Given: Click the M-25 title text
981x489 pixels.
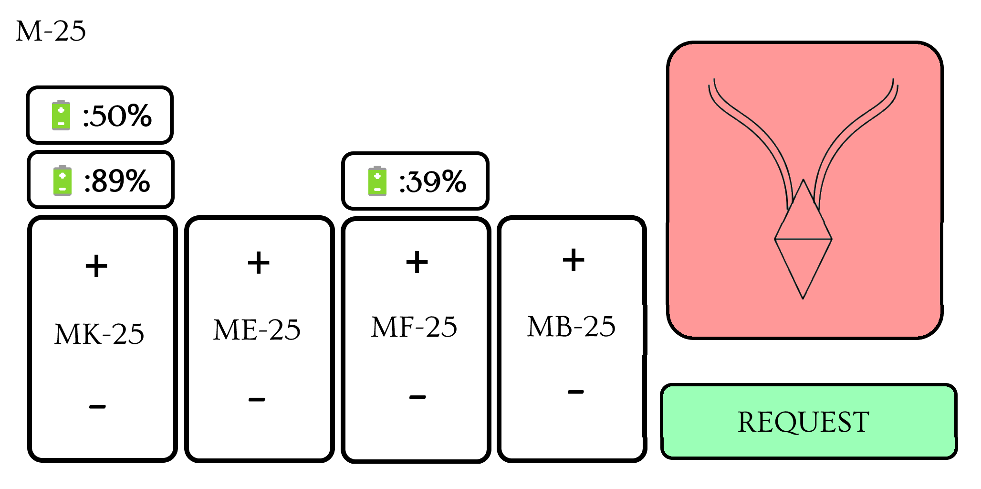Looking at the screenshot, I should point(51,32).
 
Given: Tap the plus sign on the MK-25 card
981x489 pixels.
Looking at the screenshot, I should point(96,266).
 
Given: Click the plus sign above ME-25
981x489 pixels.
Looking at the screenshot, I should point(259,263).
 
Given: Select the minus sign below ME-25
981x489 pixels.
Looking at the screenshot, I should point(257,399).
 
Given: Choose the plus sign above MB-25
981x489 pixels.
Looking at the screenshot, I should point(574,260).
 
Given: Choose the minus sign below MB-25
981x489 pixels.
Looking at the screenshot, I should point(575,392).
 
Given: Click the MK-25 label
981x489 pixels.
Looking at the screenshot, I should point(99,334).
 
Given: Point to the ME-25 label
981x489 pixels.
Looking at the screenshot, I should point(257,330).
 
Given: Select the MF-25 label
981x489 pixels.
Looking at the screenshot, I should point(414,328).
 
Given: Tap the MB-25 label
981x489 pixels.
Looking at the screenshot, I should point(571,327).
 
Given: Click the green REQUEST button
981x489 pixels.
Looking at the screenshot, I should point(809,421).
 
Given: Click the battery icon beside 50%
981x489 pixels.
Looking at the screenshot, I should point(61,115).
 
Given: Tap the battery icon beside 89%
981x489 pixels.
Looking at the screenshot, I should point(62,181).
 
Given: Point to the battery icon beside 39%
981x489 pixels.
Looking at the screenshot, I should point(377,181).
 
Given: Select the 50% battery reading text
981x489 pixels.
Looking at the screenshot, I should point(117,116).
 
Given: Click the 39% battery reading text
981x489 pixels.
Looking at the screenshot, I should point(432,181).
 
